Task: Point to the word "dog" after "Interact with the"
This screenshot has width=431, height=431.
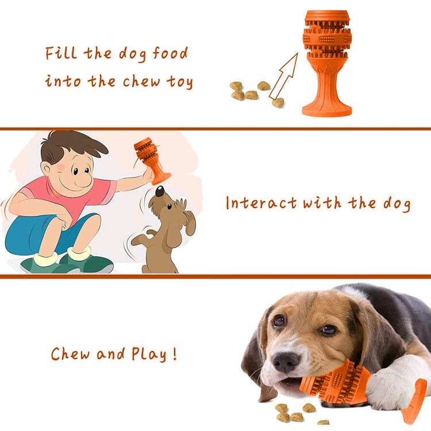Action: click(x=396, y=203)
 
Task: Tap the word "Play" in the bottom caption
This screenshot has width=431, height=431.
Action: click(x=150, y=354)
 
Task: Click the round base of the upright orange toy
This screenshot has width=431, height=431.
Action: click(x=327, y=108)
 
